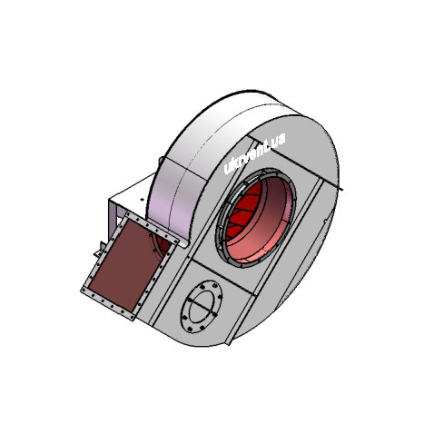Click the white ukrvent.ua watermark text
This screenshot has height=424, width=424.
click(x=254, y=153)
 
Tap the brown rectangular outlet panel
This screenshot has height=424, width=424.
click(x=125, y=262)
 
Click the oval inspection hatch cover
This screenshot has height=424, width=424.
click(x=202, y=307)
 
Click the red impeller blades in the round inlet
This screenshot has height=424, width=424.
click(x=242, y=212)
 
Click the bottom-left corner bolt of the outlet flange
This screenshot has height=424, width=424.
click(x=84, y=290)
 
